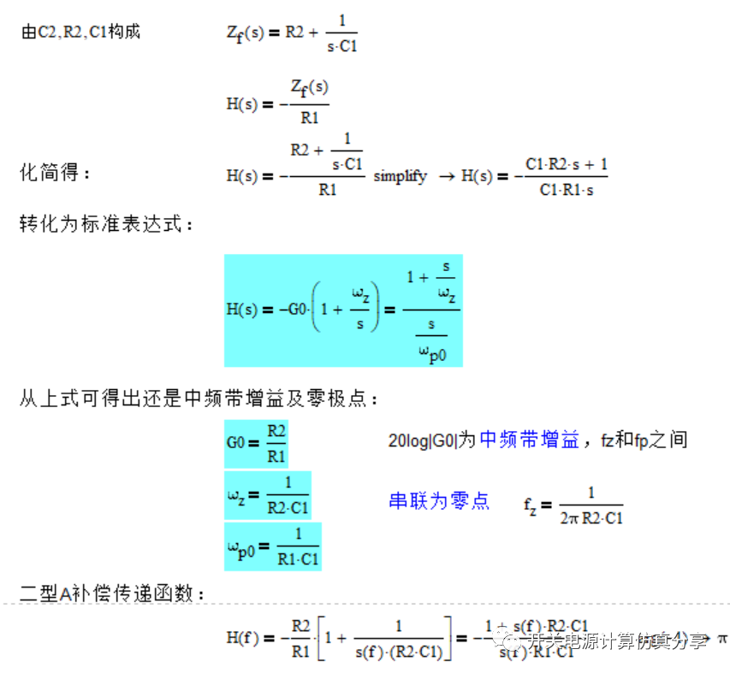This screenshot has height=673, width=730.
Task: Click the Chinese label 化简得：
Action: (x=55, y=174)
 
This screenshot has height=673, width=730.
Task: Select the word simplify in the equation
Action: (x=400, y=176)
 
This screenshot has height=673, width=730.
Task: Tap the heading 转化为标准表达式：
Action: (x=108, y=224)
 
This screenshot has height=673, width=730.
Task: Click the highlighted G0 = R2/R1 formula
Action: (x=257, y=443)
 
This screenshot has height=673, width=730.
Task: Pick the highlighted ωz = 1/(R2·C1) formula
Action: (x=268, y=495)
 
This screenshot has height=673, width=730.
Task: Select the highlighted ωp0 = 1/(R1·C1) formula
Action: (x=272, y=547)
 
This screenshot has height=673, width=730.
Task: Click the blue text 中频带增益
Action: (x=529, y=440)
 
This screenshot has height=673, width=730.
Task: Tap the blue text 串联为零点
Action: (x=439, y=501)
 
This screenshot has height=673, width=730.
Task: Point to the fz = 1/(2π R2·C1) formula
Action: (x=573, y=505)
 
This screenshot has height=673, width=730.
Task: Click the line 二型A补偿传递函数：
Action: (x=112, y=593)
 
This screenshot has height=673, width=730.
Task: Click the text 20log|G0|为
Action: (x=431, y=441)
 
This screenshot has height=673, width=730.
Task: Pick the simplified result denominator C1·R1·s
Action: (x=566, y=190)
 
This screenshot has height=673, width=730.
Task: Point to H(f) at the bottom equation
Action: (x=243, y=638)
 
